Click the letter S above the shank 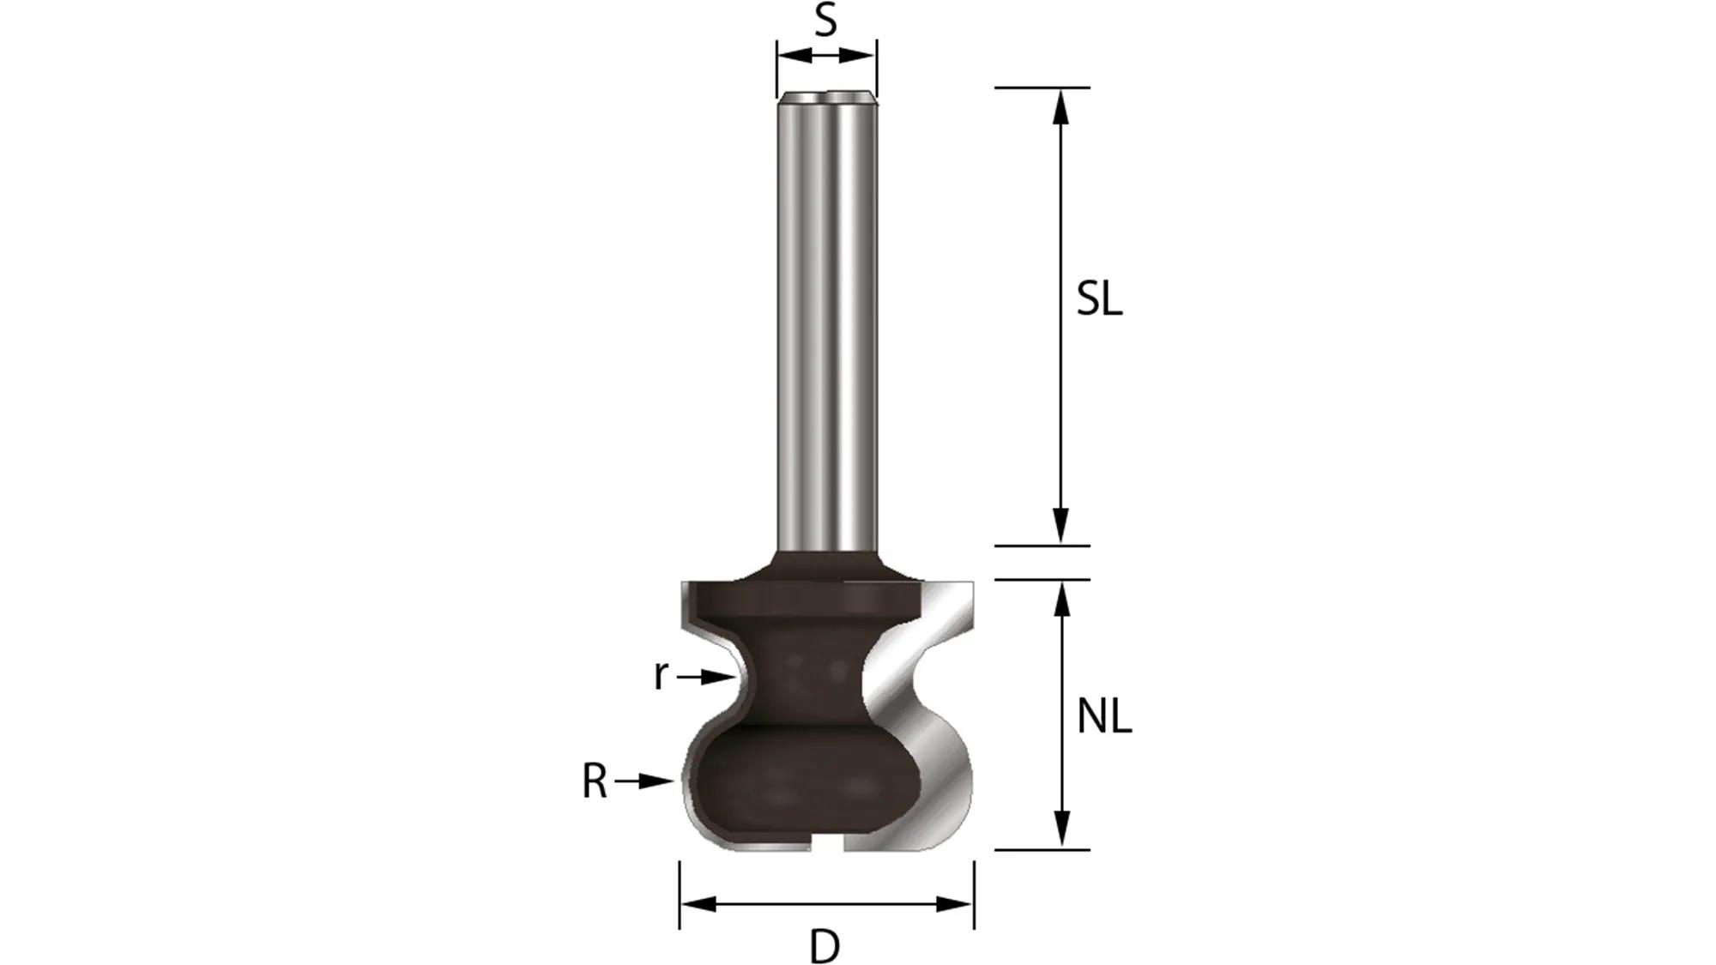pos(825,21)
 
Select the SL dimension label pos(1099,299)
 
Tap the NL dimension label pos(1104,716)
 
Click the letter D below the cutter pos(825,947)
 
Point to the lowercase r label pos(660,675)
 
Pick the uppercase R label pos(594,781)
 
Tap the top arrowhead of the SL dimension pos(1061,106)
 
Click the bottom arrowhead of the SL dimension pos(1061,525)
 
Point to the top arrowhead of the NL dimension pos(1062,598)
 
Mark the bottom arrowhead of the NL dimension pos(1062,830)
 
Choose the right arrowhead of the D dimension pos(955,904)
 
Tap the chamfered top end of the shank pos(827,99)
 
